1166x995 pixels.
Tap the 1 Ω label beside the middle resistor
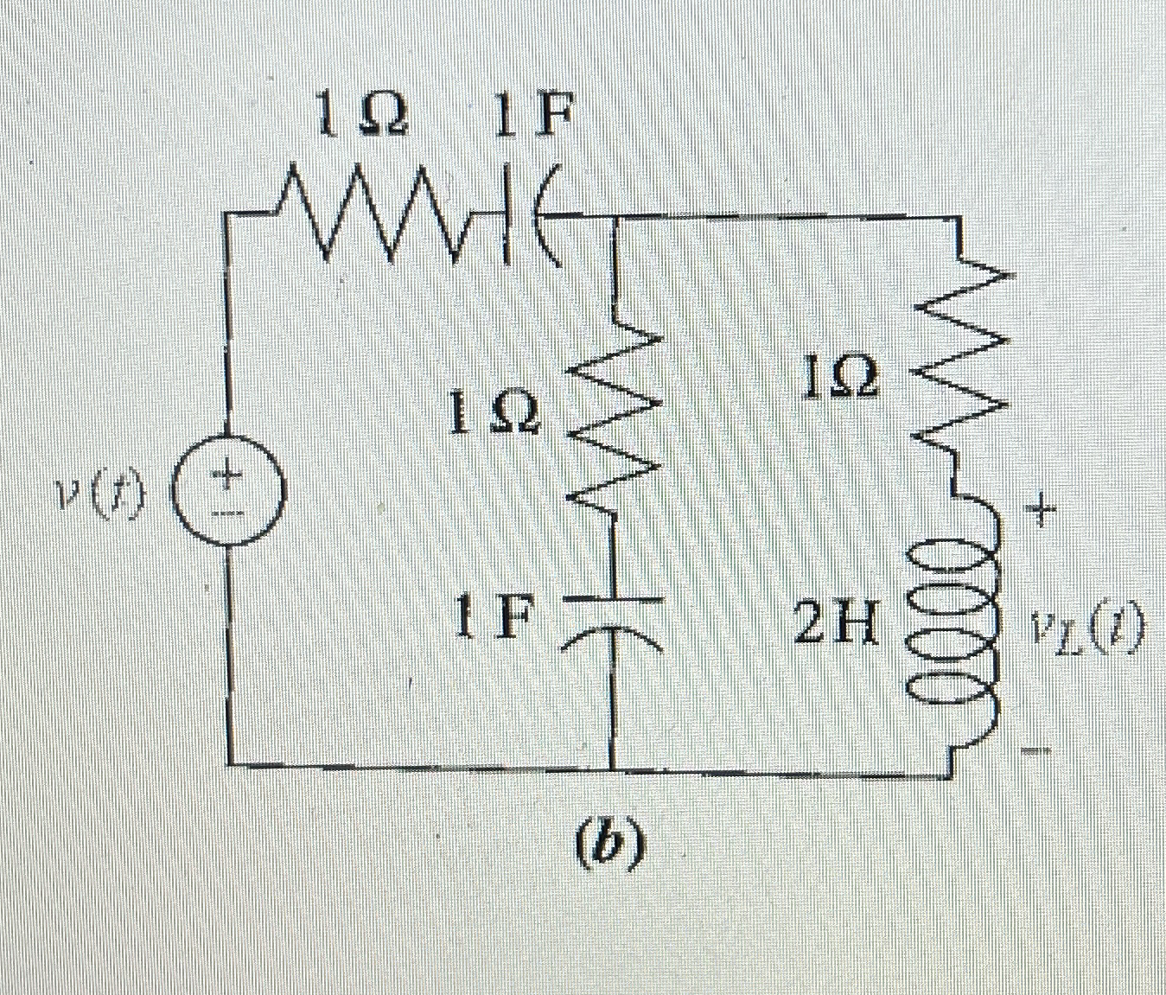495,415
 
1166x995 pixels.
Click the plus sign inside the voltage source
226,475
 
